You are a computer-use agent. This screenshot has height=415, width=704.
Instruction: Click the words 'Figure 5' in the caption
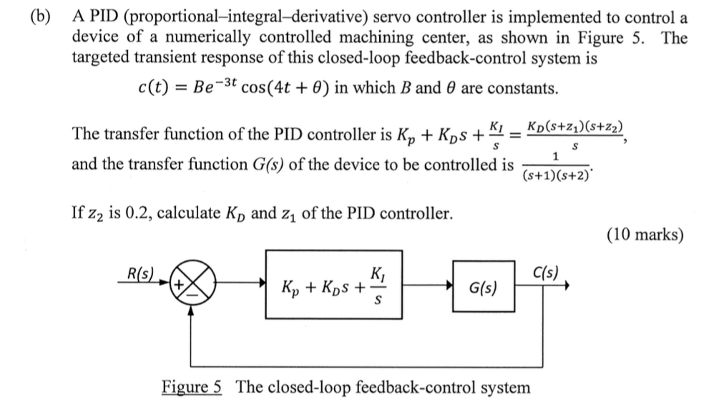click(x=191, y=387)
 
